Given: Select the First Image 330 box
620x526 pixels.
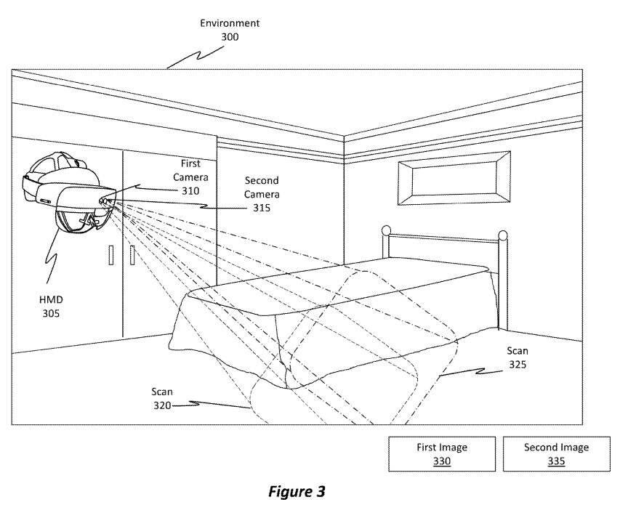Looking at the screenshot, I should click(442, 454).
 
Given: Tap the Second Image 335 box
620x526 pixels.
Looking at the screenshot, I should click(557, 454).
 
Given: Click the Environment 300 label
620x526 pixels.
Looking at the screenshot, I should click(230, 30).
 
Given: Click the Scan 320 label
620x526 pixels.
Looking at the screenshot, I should click(162, 398).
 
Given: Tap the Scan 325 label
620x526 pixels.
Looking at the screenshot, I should click(517, 357).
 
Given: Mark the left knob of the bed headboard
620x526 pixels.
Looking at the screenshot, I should click(387, 232).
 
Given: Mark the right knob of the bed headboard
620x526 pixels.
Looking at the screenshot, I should click(502, 235).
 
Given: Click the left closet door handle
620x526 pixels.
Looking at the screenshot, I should click(110, 255).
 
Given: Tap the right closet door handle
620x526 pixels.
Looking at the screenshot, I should click(132, 255).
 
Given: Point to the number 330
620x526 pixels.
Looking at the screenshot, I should click(442, 461).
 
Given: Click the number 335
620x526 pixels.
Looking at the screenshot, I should click(557, 461).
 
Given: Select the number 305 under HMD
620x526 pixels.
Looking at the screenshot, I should click(51, 315).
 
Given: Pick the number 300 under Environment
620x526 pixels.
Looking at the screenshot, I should click(230, 37).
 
